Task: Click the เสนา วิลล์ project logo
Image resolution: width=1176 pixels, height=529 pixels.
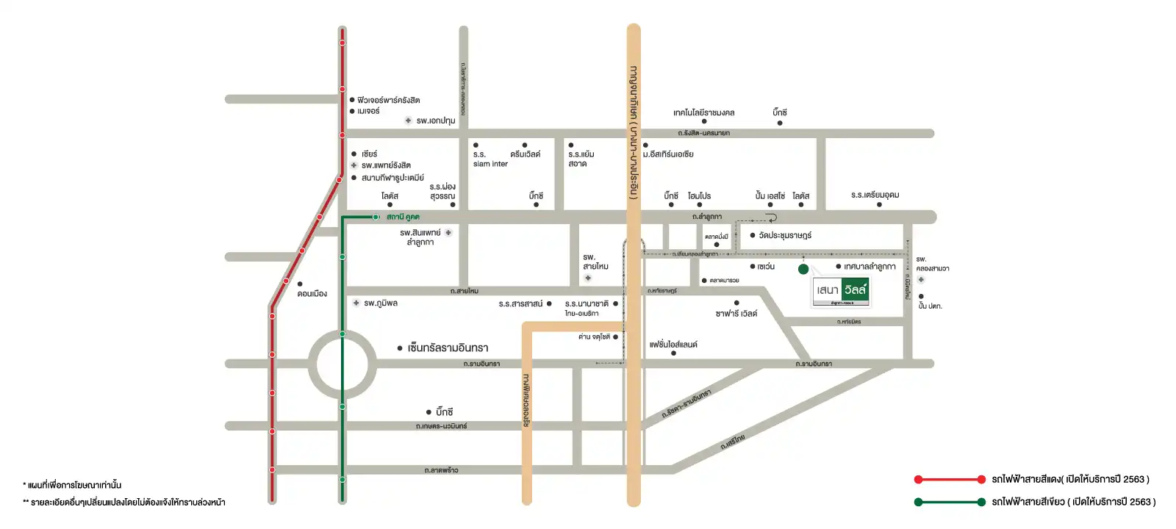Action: click(842, 291)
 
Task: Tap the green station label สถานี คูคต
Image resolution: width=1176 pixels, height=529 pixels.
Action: click(403, 217)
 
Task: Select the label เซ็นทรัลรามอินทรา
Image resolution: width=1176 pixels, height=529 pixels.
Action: click(448, 348)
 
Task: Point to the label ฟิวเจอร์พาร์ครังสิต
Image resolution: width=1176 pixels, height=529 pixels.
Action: click(389, 100)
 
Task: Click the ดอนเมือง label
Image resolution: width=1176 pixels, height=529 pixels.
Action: click(312, 294)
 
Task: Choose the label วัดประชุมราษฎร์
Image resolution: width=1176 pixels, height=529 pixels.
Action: click(785, 235)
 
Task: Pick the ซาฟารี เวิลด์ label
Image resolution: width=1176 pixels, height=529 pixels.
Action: click(736, 314)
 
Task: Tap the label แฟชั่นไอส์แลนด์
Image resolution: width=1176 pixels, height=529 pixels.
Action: click(673, 344)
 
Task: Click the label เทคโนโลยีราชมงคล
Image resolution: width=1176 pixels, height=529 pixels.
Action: click(703, 112)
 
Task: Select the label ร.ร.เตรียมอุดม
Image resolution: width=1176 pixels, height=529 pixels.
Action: click(875, 195)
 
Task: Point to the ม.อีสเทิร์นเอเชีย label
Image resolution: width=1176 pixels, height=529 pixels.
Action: click(668, 154)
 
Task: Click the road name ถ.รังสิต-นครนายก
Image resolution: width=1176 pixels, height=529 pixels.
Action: click(703, 133)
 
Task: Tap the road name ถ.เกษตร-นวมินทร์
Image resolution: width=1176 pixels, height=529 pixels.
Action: click(441, 426)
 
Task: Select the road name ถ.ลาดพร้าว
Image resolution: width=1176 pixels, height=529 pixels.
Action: click(441, 470)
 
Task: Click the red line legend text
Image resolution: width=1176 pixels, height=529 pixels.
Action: click(1070, 480)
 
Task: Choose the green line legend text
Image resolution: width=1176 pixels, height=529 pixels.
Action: click(1073, 502)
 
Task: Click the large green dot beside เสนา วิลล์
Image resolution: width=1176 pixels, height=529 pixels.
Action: click(803, 269)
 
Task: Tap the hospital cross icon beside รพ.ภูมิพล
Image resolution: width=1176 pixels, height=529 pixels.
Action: click(356, 303)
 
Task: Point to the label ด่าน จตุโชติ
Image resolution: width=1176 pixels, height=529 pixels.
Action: click(594, 337)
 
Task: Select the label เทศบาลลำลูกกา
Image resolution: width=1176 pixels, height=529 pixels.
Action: click(870, 267)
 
